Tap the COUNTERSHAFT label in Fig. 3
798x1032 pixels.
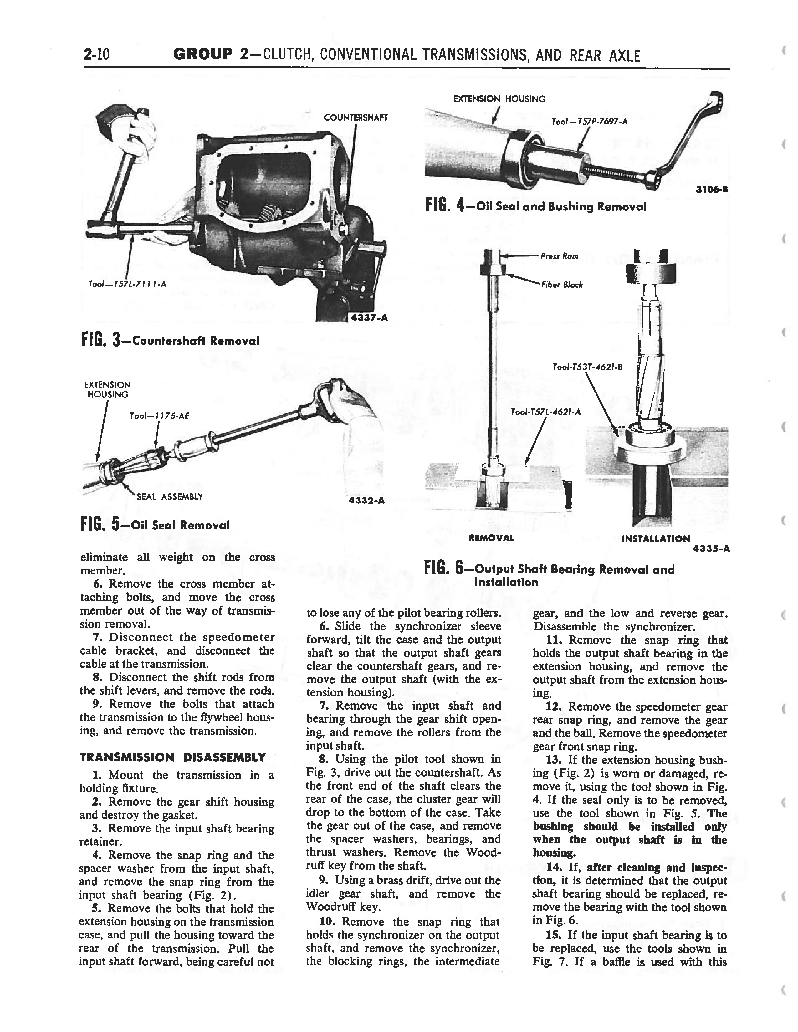tap(356, 118)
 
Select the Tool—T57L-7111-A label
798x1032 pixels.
tap(127, 284)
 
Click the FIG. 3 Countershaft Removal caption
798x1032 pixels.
tap(170, 340)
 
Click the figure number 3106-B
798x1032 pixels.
tap(712, 190)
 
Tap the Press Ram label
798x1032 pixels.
tap(559, 256)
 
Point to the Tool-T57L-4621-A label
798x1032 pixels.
tap(545, 412)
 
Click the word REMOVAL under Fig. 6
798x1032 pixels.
tap(491, 538)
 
